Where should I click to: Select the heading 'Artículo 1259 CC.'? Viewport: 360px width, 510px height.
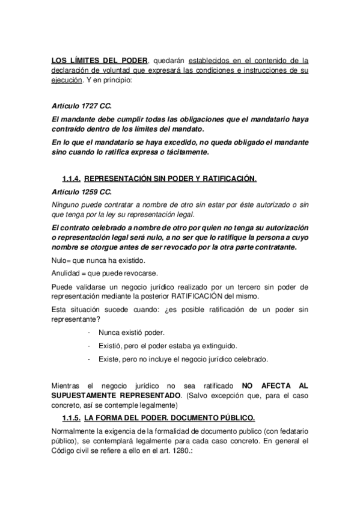[82, 192]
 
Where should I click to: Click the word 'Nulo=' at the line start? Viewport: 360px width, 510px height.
[63, 259]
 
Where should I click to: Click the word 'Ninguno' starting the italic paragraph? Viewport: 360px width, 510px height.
[67, 205]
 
